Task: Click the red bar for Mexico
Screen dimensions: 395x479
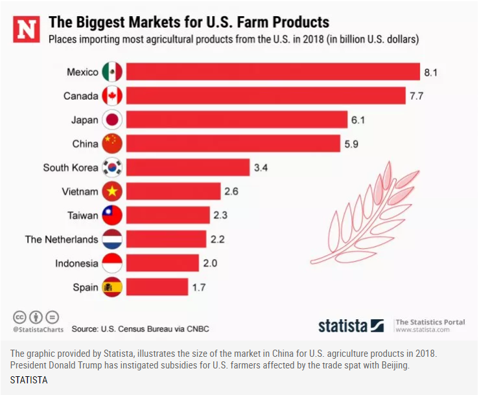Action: [273, 72]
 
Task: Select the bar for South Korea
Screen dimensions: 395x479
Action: [188, 168]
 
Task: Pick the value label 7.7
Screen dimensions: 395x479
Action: [417, 96]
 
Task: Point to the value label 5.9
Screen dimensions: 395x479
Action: [351, 144]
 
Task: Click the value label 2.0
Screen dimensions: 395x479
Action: [209, 264]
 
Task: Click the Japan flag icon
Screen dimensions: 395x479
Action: [113, 120]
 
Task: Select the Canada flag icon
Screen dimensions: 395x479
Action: [113, 96]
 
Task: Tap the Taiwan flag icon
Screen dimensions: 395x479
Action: [113, 216]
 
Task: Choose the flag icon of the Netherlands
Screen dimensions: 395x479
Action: [113, 240]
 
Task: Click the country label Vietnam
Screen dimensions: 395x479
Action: [80, 192]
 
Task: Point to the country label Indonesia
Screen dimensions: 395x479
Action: [76, 264]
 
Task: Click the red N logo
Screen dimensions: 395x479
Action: [27, 30]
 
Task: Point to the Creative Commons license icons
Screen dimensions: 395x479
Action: [36, 317]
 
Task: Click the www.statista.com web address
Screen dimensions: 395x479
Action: [422, 330]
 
